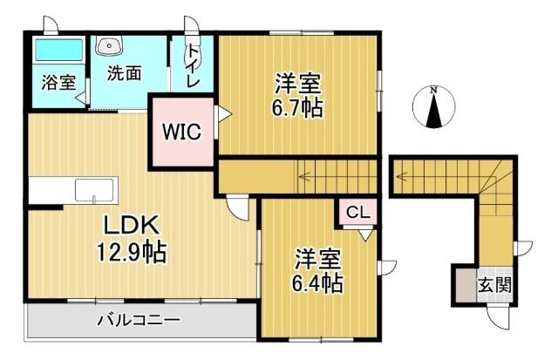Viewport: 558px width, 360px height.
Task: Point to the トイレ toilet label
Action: (192, 63)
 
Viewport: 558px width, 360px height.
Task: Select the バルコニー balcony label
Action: (139, 320)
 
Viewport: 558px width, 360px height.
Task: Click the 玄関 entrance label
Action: (493, 285)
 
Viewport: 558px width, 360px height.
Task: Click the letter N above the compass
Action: (433, 89)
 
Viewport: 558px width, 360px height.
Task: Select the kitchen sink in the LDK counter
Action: (92, 190)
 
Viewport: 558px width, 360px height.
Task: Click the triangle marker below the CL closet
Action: (364, 234)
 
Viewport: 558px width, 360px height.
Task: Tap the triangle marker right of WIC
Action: (222, 113)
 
